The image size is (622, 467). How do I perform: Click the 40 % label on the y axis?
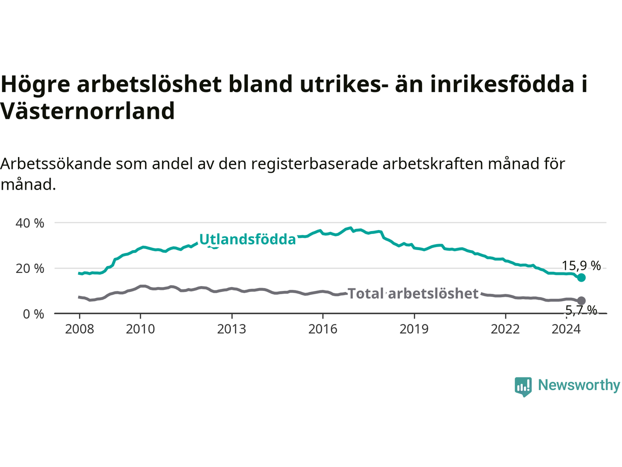click(30, 223)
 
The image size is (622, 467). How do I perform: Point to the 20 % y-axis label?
click(30, 269)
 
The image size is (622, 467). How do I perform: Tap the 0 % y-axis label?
click(34, 314)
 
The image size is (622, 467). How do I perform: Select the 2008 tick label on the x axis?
click(79, 329)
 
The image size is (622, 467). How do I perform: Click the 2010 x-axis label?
click(140, 329)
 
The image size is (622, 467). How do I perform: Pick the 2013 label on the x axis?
click(231, 329)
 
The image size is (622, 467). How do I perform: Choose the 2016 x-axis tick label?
click(323, 329)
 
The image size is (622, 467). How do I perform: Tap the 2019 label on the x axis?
click(414, 329)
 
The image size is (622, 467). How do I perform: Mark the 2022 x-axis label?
click(505, 329)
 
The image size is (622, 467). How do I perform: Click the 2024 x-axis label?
click(566, 329)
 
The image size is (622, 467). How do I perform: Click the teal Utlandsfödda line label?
click(248, 239)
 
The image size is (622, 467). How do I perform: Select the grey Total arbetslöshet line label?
click(413, 293)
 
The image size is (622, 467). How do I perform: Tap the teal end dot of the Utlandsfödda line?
click(581, 278)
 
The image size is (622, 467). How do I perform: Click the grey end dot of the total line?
click(581, 301)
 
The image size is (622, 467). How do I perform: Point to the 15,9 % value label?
click(581, 266)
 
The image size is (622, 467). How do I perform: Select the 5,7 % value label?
click(581, 310)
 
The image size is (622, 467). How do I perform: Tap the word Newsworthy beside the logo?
click(579, 385)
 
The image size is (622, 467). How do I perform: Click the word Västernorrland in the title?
click(87, 111)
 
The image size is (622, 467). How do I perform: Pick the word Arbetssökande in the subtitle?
click(56, 164)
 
